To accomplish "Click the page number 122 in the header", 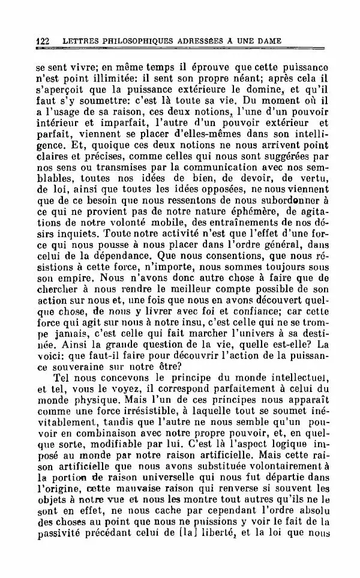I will click(x=42, y=41).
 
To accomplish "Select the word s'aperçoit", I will click(x=61, y=89).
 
